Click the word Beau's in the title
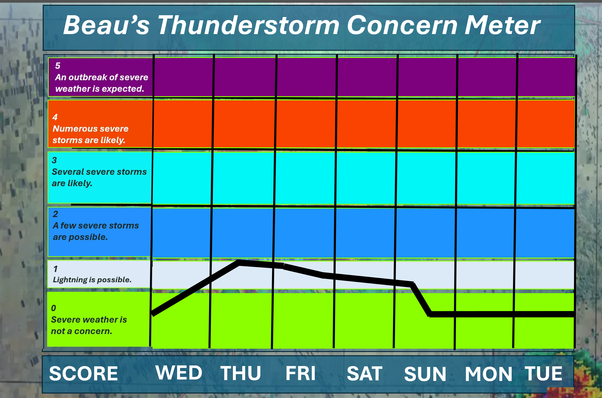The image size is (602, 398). click(106, 25)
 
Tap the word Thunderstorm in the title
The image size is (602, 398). click(248, 25)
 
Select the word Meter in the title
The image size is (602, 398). click(502, 25)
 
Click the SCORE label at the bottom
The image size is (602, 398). click(83, 373)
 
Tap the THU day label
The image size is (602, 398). click(241, 373)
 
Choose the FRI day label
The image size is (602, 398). click(300, 373)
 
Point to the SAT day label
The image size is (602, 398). click(365, 373)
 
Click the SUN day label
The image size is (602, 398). click(425, 374)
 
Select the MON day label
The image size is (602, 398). click(489, 374)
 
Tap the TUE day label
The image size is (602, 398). click(543, 373)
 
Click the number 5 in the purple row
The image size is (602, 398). click(58, 66)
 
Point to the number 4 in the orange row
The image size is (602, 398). click(55, 117)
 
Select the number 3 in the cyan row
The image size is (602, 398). click(54, 160)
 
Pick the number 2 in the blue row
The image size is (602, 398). click(55, 214)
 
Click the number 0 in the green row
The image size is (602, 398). click(53, 308)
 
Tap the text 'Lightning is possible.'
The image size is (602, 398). click(92, 280)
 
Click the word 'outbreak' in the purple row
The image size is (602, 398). click(87, 77)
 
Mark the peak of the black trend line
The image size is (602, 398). click(239, 262)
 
